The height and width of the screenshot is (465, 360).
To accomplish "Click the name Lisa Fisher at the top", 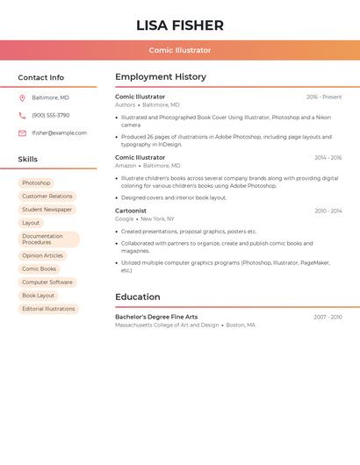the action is click(180, 25).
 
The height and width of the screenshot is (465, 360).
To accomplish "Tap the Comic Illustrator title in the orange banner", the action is click(180, 50).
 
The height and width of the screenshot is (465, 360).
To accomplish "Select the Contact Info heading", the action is click(40, 77).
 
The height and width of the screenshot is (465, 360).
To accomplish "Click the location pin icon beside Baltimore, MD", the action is click(22, 98).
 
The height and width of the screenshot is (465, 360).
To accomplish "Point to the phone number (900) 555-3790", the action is click(50, 115).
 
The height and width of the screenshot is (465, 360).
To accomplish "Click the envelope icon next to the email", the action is click(22, 133).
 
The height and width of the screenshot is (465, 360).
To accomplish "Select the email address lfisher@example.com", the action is click(59, 133).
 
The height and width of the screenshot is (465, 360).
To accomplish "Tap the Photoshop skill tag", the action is click(36, 182).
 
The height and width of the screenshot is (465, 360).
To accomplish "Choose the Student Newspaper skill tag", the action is click(47, 210).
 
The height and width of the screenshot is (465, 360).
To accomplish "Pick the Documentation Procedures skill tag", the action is click(48, 239).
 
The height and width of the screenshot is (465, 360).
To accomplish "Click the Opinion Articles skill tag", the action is click(43, 255).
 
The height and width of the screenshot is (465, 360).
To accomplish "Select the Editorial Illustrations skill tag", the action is click(48, 309).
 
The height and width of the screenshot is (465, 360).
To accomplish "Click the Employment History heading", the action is click(161, 77).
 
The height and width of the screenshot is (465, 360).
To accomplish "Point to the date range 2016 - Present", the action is click(324, 97).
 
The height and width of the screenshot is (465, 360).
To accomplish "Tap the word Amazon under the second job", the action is click(126, 166).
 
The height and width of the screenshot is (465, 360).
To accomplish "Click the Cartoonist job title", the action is click(131, 211).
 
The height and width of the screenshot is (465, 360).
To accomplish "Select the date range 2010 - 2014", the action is click(328, 211).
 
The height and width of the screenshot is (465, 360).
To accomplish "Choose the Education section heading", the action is click(138, 297).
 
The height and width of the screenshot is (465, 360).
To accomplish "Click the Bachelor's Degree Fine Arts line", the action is click(156, 317).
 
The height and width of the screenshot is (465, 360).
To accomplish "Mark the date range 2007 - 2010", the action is click(328, 317).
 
